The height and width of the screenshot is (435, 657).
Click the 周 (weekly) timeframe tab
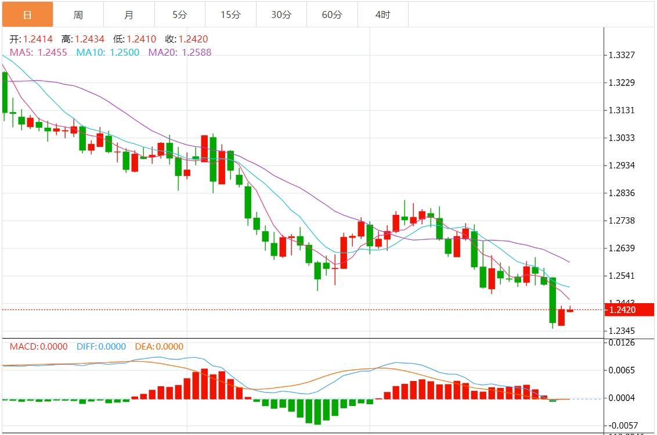pos(78,15)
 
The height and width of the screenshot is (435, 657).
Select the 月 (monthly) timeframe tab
pos(129,15)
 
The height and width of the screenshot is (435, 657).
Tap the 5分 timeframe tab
pos(180,15)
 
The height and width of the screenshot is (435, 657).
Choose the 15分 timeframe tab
pos(230,15)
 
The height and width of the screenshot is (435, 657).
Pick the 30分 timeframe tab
pos(281,15)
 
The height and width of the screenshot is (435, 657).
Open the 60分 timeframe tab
pos(332,15)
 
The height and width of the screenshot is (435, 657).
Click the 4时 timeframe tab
pos(383,15)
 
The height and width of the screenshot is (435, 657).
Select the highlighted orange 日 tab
pos(27,15)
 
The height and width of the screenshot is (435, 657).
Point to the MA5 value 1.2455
pos(52,52)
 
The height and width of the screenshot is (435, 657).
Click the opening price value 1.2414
pos(38,39)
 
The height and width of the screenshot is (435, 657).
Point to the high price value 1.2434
pos(90,39)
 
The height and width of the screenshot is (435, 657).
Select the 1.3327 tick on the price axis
pos(622,55)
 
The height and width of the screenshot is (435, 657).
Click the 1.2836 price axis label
pos(622,193)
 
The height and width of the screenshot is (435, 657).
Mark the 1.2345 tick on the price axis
pos(622,331)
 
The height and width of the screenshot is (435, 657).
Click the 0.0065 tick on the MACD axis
pos(622,370)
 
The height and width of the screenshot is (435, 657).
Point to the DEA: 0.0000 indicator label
pos(159,347)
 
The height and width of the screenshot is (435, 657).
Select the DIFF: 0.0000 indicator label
pos(101,347)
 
